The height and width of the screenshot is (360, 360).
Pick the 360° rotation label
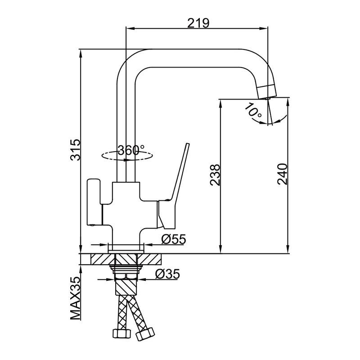click(x=131, y=150)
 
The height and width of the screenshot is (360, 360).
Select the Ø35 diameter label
click(x=167, y=274)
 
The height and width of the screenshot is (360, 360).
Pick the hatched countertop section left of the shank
click(x=103, y=260)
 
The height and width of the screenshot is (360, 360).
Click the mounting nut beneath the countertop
click(x=126, y=270)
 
